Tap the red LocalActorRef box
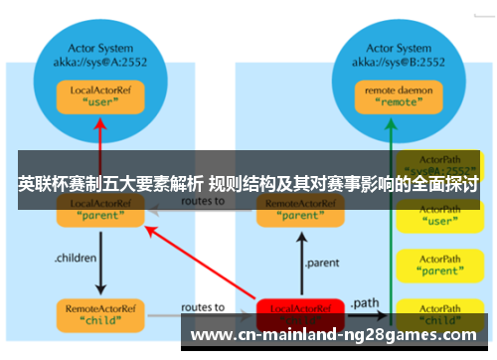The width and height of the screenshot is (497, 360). (300, 313)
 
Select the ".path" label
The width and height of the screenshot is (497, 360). (366, 301)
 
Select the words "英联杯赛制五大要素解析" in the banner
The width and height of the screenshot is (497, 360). (109, 184)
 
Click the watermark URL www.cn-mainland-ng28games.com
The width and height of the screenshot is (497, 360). (337, 335)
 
